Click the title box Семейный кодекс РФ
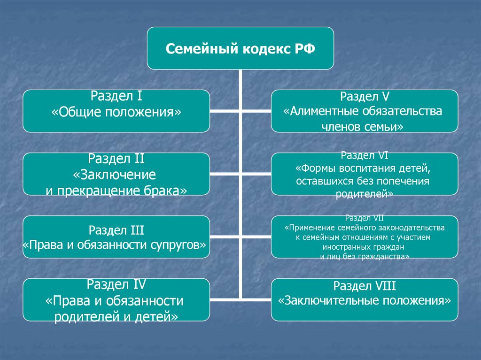click(240, 48)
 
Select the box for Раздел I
click(116, 111)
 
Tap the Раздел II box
click(116, 174)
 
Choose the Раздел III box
click(116, 237)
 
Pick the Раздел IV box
click(116, 299)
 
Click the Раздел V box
click(365, 111)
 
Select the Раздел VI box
click(365, 174)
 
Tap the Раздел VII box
click(365, 237)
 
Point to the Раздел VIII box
click(365, 299)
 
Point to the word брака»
click(170, 191)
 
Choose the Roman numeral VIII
click(384, 285)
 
